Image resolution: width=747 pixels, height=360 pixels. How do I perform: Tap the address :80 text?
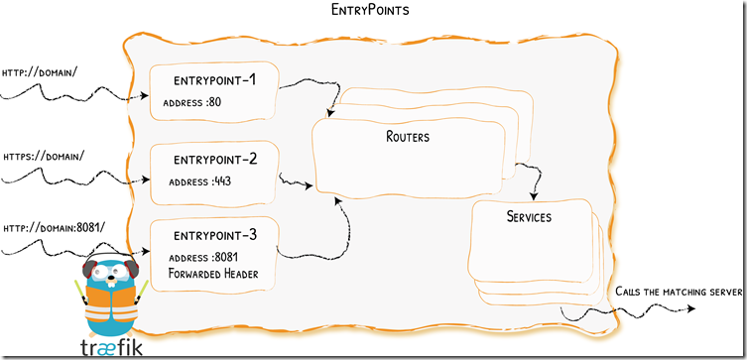pyautogui.click(x=193, y=101)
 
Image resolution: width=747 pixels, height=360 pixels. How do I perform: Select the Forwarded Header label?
pyautogui.click(x=214, y=274)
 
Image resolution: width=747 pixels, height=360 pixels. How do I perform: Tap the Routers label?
pyautogui.click(x=408, y=137)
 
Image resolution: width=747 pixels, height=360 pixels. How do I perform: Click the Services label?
pyautogui.click(x=529, y=216)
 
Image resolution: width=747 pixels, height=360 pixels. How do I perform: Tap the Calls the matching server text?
pyautogui.click(x=679, y=291)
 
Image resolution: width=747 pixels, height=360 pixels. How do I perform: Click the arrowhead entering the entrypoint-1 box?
pyautogui.click(x=145, y=100)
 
